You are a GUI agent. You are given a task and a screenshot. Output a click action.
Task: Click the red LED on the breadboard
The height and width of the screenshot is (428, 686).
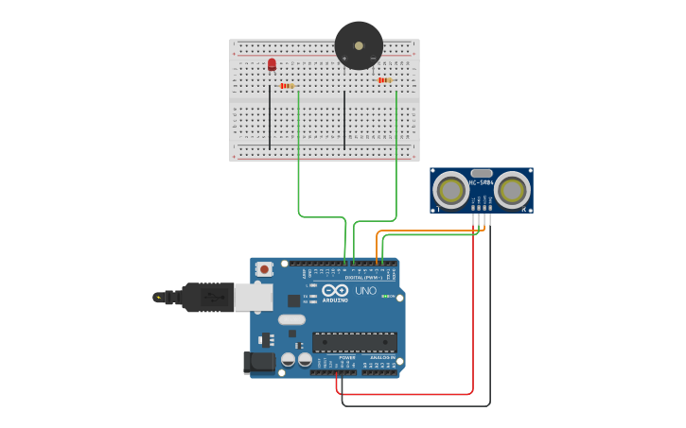(272, 64)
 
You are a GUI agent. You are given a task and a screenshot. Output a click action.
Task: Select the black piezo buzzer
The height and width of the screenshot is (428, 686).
(359, 45)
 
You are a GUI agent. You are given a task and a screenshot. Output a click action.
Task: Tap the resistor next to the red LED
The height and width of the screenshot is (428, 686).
(287, 86)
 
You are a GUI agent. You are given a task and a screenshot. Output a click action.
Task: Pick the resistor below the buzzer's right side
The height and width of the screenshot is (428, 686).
(384, 80)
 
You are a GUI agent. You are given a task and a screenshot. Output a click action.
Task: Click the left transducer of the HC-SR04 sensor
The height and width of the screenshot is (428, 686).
(450, 191)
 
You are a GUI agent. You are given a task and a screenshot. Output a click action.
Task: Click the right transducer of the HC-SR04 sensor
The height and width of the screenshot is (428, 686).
(512, 191)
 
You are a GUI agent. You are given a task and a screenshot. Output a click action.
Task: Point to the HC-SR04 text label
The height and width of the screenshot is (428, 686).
(482, 182)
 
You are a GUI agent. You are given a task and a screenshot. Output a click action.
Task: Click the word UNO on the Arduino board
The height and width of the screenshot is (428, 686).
(365, 291)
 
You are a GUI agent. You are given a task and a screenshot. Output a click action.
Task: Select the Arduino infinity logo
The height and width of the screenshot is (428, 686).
(334, 291)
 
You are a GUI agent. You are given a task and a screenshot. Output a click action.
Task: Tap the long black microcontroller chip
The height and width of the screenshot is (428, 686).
(354, 342)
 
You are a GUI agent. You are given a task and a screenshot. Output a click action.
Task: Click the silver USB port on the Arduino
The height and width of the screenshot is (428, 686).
(253, 298)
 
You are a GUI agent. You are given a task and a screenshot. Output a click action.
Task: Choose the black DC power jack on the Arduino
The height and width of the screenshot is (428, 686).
(257, 363)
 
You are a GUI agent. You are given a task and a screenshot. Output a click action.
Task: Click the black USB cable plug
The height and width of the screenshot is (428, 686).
(207, 297)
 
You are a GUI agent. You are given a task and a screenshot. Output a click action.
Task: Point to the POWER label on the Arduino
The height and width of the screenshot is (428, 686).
(347, 357)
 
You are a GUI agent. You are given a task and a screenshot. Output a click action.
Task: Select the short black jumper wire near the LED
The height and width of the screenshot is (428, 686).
(270, 116)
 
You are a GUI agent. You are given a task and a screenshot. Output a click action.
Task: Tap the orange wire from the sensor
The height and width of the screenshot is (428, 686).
(426, 231)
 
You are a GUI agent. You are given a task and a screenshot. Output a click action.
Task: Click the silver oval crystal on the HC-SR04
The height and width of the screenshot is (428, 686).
(482, 173)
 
